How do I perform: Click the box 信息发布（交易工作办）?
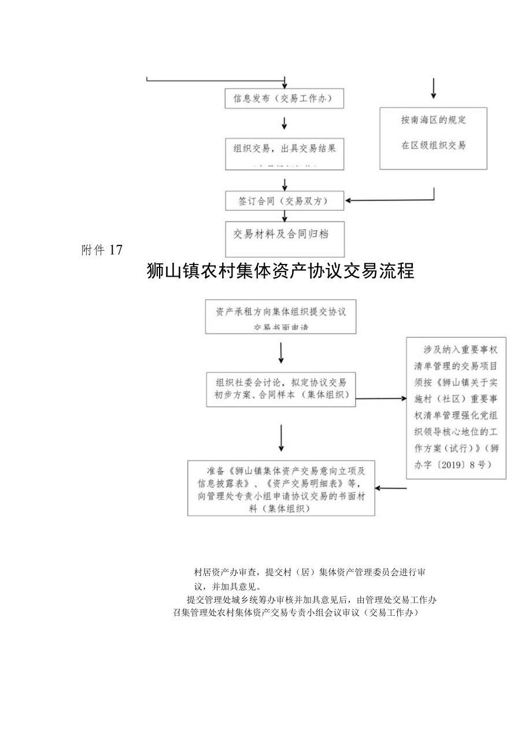tap(284, 98)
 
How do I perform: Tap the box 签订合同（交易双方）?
tap(284, 201)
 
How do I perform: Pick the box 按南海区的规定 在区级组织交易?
tap(433, 138)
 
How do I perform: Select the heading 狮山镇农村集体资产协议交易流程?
tap(281, 271)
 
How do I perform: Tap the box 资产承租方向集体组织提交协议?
tap(281, 316)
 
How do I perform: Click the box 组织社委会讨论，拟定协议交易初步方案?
tap(281, 388)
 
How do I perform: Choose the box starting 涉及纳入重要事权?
tap(456, 407)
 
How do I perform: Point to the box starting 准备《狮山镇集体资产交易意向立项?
tap(281, 488)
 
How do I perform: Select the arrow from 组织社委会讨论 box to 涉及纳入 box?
tap(381, 398)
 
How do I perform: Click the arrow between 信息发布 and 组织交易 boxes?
tap(285, 123)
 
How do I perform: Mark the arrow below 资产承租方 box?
tap(281, 352)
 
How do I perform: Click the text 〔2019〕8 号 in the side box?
tap(457, 465)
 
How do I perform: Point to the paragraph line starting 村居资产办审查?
tap(311, 572)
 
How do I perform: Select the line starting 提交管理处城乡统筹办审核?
tap(311, 600)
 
